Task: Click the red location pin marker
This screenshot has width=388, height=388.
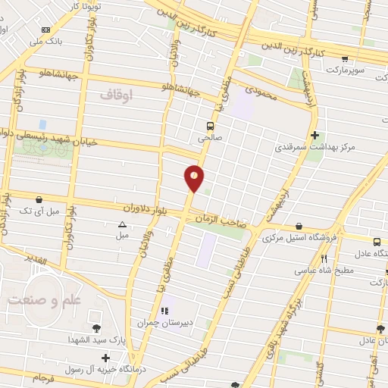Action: click(195, 178)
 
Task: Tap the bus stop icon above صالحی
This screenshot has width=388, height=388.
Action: click(210, 127)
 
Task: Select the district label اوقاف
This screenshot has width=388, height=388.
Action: click(115, 94)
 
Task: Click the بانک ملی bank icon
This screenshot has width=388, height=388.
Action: click(46, 30)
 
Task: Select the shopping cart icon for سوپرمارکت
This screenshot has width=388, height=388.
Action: click(346, 58)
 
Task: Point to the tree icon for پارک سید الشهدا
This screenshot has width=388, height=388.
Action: click(96, 328)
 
